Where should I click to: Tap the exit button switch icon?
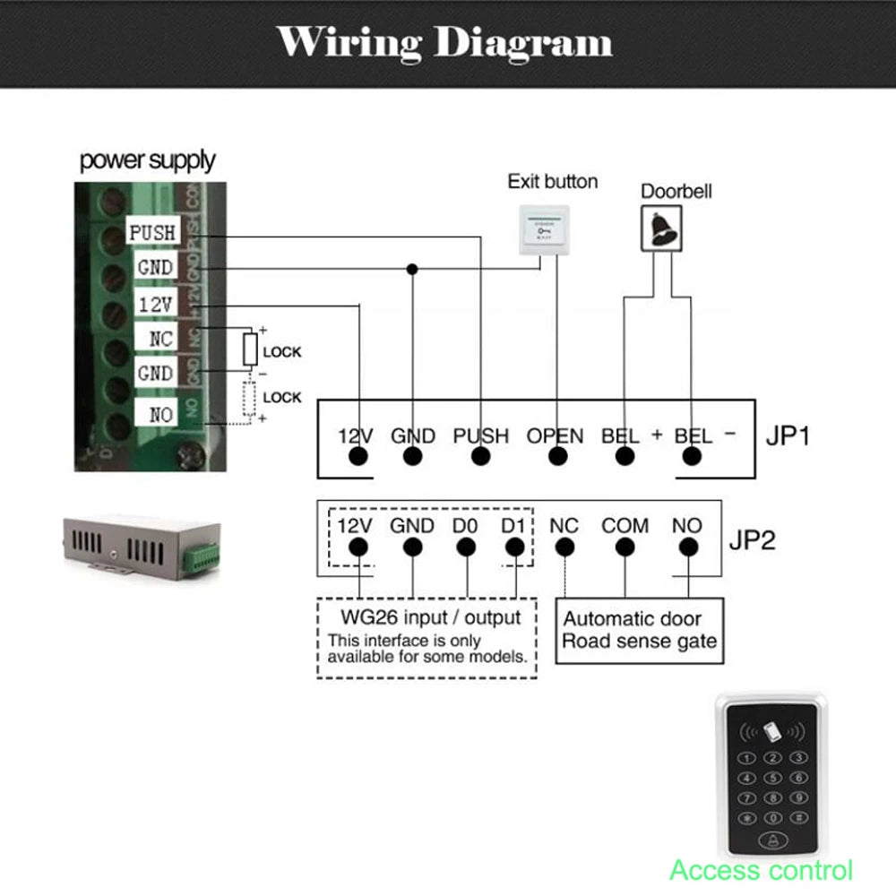[x=545, y=230]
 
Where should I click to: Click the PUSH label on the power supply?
[x=152, y=233]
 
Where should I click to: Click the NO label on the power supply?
[x=160, y=414]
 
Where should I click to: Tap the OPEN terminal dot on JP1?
[x=557, y=457]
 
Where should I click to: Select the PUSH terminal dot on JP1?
[x=481, y=457]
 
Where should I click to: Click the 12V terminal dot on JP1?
[x=358, y=457]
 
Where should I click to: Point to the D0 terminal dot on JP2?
[x=464, y=547]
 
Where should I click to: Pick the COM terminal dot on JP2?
[x=625, y=547]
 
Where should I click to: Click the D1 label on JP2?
[x=513, y=525]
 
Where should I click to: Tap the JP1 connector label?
[x=788, y=436]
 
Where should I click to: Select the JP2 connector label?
[x=751, y=540]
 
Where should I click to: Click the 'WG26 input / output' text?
[x=430, y=617]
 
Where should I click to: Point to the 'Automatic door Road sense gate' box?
[x=639, y=630]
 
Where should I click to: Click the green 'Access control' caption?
[x=761, y=869]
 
